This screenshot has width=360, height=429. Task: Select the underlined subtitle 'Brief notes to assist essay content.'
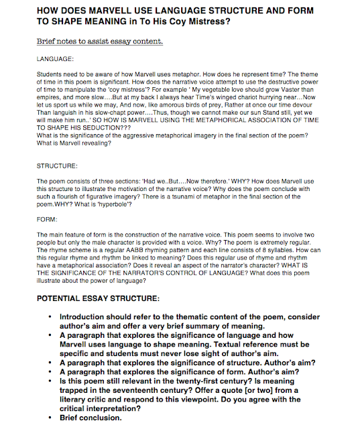point(100,42)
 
